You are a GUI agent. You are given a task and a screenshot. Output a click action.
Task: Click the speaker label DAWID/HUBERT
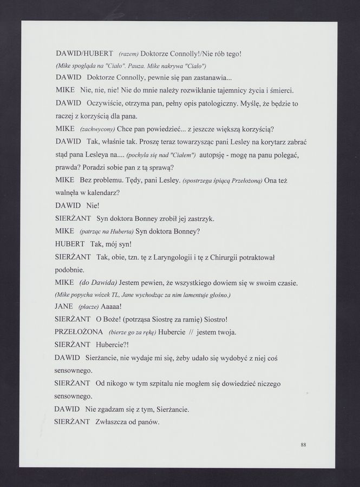84,54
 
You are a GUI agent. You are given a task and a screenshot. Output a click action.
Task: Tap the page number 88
304,445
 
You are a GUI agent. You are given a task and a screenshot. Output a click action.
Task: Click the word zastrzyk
198,219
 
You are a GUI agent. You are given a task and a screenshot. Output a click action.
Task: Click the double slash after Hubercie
191,332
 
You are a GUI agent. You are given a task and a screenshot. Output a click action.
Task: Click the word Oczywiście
109,103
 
